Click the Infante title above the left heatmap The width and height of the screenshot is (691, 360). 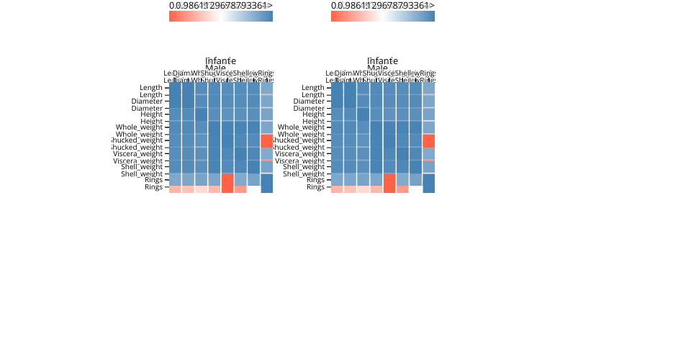point(220,60)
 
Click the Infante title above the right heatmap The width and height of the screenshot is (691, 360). point(382,60)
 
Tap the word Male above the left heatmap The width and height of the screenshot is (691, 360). point(215,68)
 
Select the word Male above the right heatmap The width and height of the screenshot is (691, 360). point(377,68)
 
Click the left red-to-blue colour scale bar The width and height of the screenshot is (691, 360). point(220,16)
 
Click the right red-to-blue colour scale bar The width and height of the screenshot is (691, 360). point(382,16)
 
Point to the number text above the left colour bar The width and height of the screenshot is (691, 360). point(220,6)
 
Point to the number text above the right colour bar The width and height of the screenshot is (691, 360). point(382,6)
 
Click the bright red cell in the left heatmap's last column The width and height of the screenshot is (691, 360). point(266,140)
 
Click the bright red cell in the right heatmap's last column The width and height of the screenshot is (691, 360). point(428,140)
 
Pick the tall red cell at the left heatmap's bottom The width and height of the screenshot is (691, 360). point(227,183)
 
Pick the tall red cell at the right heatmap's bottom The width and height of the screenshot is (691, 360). point(389,183)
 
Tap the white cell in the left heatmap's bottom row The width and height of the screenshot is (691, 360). point(253,189)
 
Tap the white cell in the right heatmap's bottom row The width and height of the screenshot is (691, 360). point(415,189)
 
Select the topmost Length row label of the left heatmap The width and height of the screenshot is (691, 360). point(151,88)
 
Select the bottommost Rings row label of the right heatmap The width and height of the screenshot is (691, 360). point(315,187)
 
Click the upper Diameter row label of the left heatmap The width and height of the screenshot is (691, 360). point(147,102)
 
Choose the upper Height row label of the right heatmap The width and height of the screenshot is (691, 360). point(313,114)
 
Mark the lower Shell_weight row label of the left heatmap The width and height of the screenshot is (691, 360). point(142,174)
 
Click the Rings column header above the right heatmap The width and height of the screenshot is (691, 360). point(428,73)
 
